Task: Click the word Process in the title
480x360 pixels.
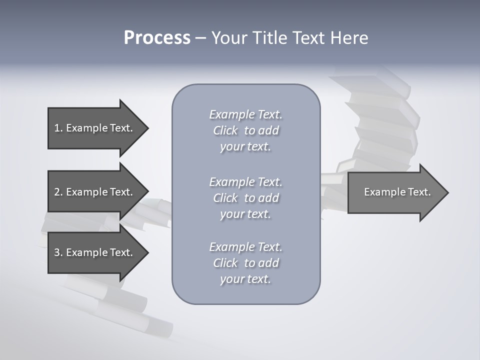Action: tap(157, 38)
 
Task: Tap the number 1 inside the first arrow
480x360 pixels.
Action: tap(57, 128)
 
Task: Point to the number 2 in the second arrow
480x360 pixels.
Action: tap(57, 192)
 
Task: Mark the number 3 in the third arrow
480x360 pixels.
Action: tap(57, 252)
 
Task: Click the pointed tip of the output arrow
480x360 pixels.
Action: tap(446, 192)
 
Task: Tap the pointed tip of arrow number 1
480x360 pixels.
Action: tap(146, 128)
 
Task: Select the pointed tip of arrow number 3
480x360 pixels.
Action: tap(146, 252)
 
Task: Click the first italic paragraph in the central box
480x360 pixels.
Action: tap(245, 130)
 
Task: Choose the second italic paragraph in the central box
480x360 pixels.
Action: tap(245, 198)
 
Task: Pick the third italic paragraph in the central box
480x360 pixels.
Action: tap(245, 263)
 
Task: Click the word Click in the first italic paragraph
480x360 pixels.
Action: tap(225, 130)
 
